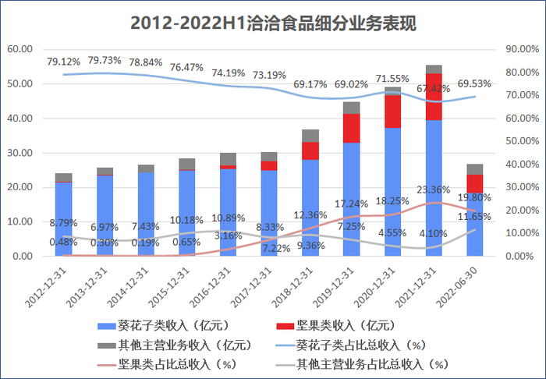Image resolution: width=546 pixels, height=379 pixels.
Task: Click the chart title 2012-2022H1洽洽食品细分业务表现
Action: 273,23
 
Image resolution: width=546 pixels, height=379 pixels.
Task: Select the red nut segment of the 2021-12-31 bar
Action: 434,97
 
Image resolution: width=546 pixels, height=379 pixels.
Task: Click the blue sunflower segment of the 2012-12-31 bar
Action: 63,218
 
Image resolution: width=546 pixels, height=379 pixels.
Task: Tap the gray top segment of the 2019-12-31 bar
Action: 351,108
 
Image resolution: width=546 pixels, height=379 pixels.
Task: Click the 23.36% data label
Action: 434,189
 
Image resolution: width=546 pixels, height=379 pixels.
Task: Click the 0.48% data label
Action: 63,242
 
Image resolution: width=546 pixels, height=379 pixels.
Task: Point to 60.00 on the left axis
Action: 19,48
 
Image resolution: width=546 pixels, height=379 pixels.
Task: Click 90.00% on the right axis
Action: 522,48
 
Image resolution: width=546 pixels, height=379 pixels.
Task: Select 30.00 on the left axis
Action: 19,152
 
